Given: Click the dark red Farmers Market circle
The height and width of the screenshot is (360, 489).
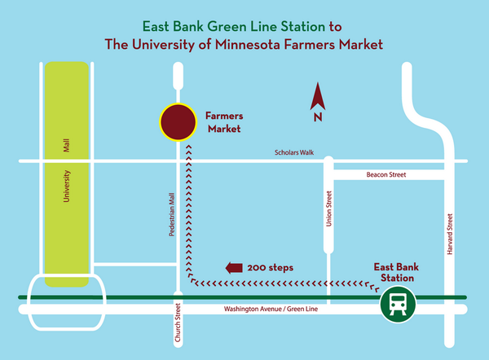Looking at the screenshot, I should point(178,123).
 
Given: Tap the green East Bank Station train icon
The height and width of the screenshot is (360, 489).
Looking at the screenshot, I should point(398,305).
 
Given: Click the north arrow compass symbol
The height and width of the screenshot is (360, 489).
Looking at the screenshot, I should point(318,99).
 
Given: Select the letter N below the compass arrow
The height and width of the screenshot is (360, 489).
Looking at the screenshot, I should point(318,118).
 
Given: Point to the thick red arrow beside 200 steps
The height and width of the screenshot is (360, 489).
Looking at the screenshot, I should point(235,267).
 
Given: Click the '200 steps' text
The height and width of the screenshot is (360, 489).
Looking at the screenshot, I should point(271,267).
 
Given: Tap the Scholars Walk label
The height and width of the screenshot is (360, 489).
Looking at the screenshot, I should point(294,152).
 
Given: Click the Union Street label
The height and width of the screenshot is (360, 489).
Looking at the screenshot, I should point(330,209).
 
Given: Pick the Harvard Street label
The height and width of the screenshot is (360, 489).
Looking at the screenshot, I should point(449,233).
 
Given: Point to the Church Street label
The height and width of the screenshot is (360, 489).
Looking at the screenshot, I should point(177,324).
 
